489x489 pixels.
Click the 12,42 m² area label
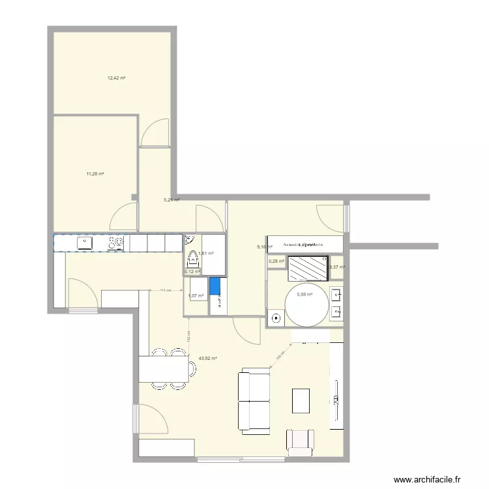coord(116,78)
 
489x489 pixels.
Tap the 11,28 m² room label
coord(95,173)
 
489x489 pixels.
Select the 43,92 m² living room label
coord(207,358)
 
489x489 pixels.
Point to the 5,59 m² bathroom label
coord(304,295)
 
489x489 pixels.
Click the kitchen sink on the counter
coord(85,243)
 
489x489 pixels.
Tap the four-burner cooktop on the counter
coord(117,243)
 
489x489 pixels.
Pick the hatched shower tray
coord(308,267)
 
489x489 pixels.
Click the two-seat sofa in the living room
coord(255,401)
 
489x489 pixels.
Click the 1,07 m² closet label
coord(196,296)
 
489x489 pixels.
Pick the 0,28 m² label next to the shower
coord(276,262)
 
